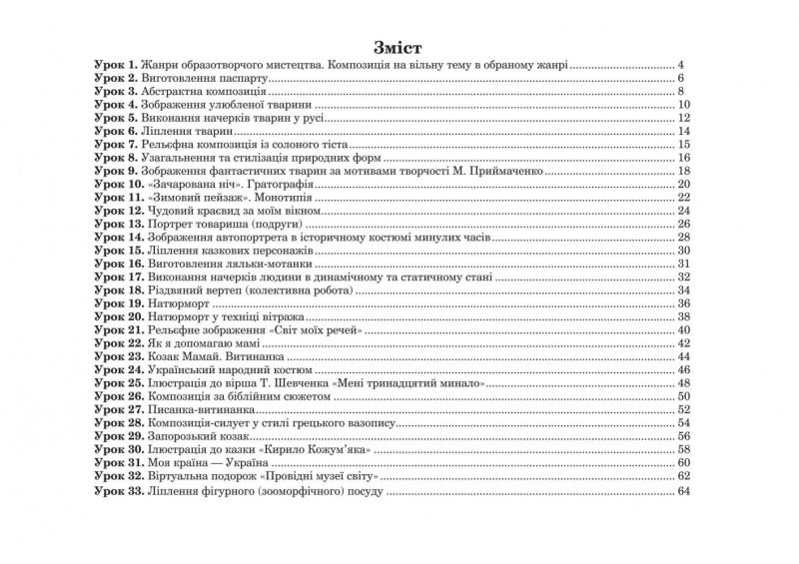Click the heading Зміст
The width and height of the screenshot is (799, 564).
coord(399,47)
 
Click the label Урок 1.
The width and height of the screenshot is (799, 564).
coord(114,64)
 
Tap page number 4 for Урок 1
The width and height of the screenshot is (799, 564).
coord(678,64)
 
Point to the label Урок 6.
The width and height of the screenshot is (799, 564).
coord(114,131)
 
